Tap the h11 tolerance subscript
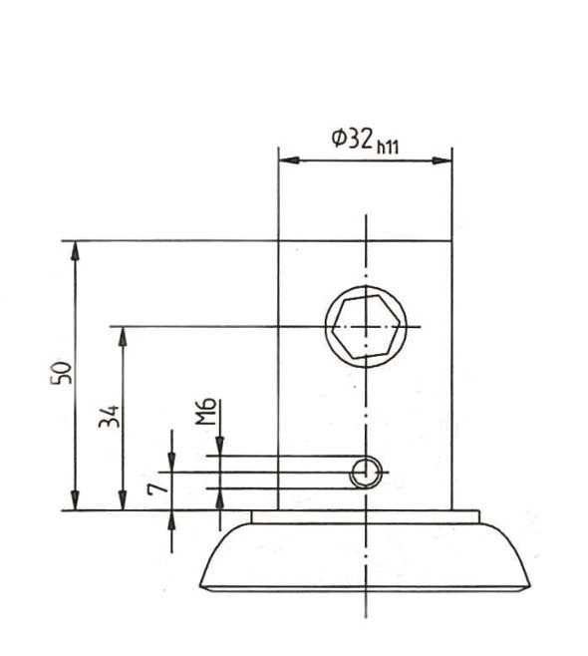pyautogui.click(x=388, y=146)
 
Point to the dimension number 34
pyautogui.click(x=109, y=416)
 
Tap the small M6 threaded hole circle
pyautogui.click(x=366, y=474)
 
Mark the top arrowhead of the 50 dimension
pyautogui.click(x=74, y=249)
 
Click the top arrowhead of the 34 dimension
pyautogui.click(x=123, y=335)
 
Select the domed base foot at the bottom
pyautogui.click(x=366, y=558)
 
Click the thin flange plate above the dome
pyautogui.click(x=366, y=516)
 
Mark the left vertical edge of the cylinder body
pyautogui.click(x=278, y=379)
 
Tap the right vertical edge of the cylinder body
pyautogui.click(x=452, y=379)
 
